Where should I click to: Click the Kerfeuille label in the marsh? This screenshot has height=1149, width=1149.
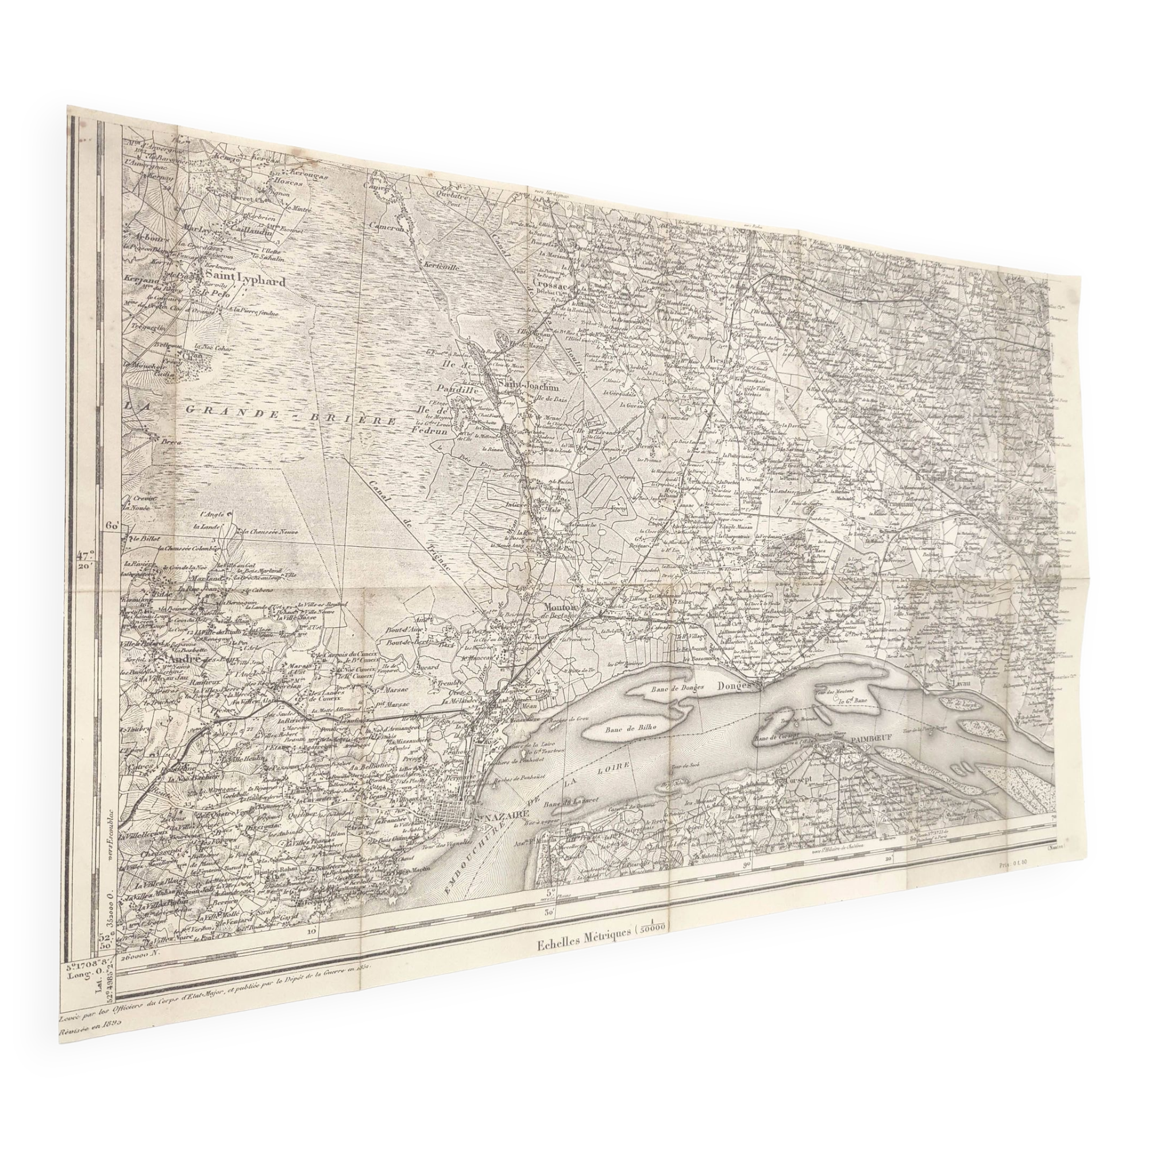440,267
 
